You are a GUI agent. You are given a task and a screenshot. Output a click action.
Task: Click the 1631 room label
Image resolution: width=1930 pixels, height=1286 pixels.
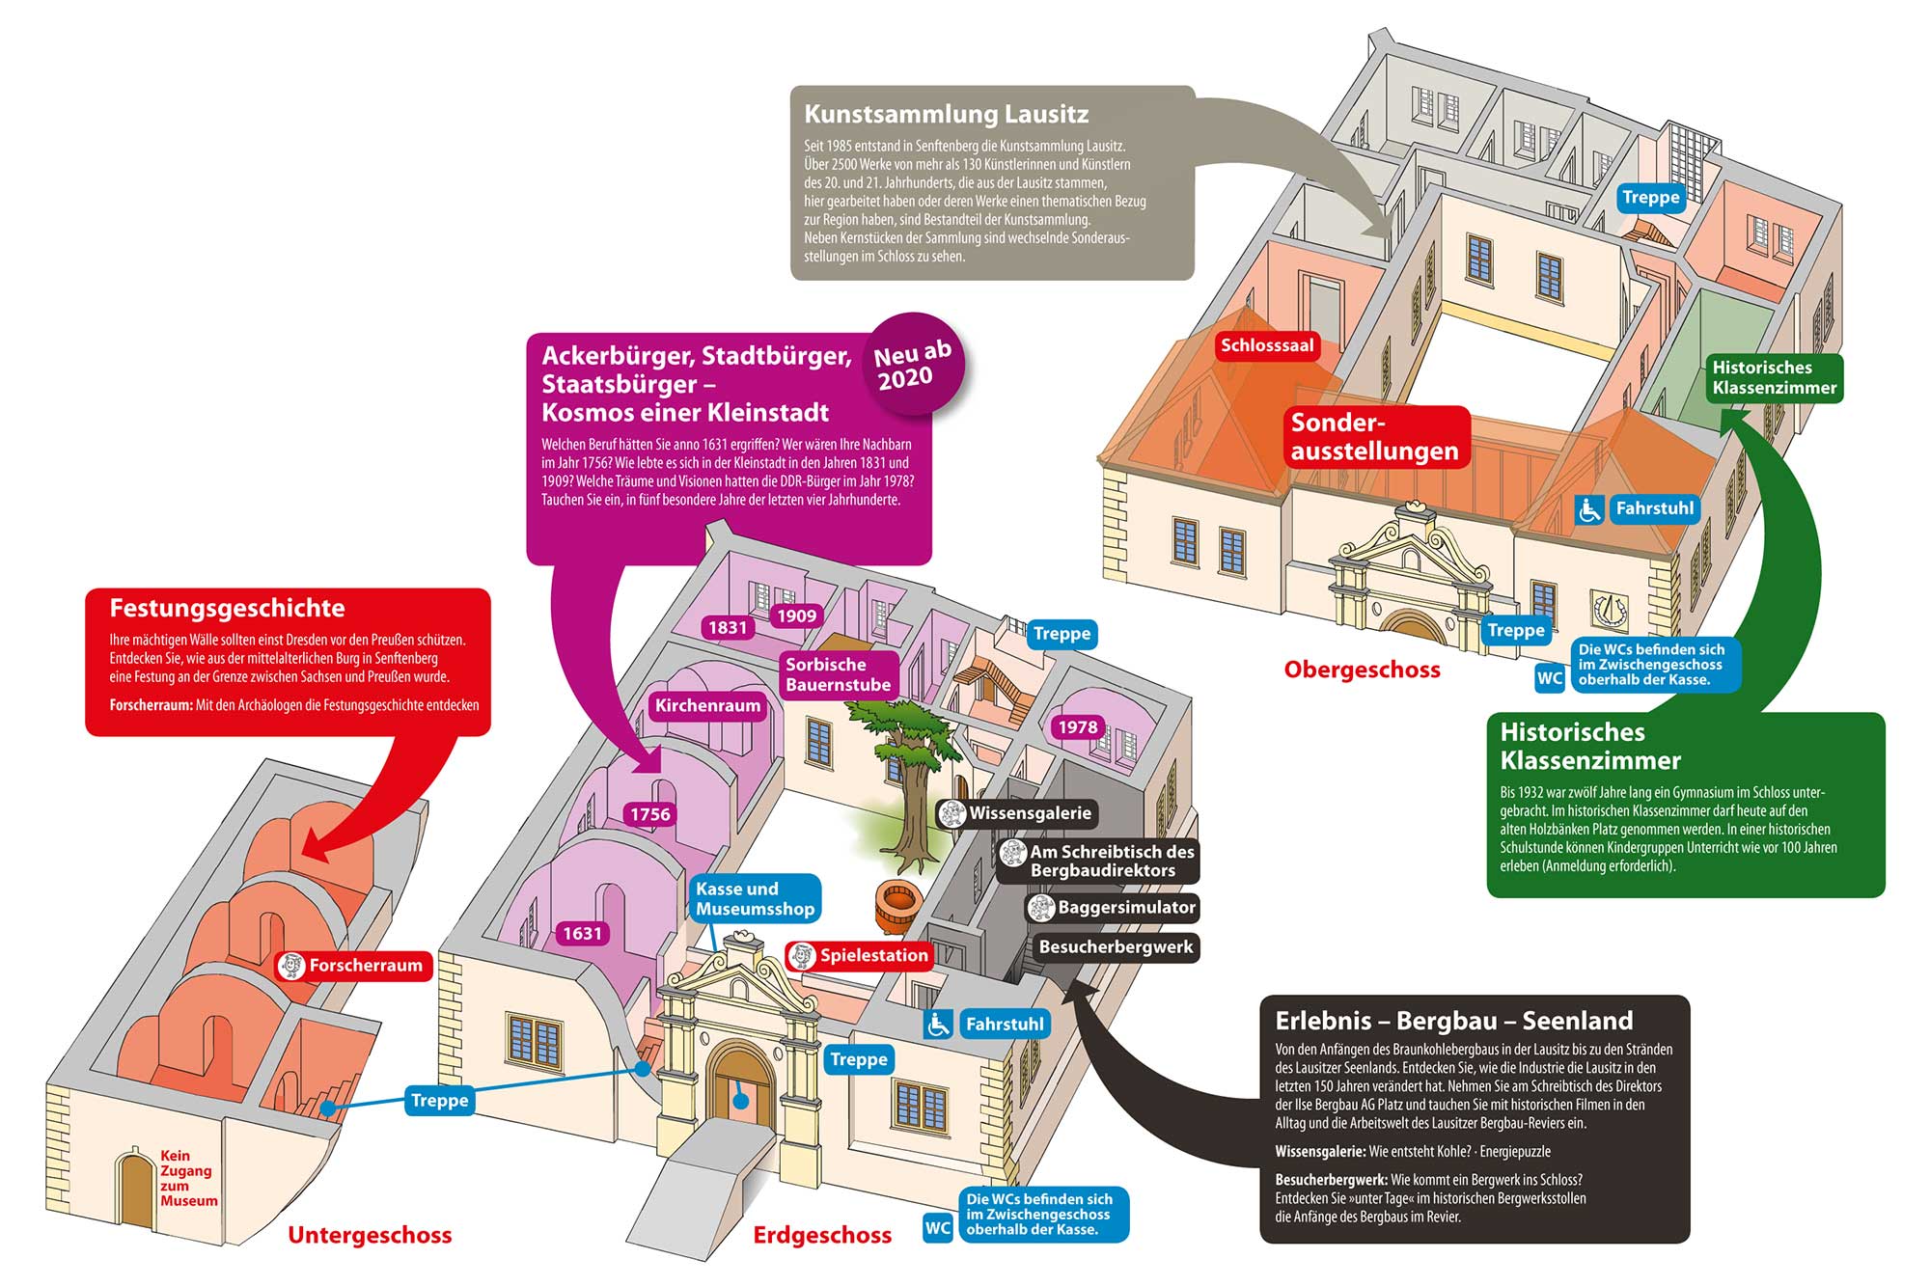pos(582,933)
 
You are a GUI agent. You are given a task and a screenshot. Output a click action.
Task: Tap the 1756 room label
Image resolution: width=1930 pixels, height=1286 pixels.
pos(649,814)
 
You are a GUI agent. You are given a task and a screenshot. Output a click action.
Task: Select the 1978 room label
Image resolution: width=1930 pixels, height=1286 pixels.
pos(1077,727)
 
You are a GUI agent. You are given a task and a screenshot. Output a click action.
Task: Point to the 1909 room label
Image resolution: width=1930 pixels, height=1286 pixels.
pos(796,616)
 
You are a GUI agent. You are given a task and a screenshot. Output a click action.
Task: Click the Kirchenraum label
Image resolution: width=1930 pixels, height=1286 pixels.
pos(707,705)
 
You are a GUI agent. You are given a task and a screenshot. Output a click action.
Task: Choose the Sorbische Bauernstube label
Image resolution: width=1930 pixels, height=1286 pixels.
pos(838,674)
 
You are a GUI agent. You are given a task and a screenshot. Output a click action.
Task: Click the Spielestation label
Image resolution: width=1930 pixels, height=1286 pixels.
pos(861,955)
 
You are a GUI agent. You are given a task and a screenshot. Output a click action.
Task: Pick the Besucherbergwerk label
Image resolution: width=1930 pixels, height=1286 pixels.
pos(1116,946)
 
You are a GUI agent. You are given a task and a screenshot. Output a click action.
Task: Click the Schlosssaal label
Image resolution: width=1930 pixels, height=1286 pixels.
pos(1266,345)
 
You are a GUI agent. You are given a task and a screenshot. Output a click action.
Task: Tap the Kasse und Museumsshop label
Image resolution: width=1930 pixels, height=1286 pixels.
pos(755,898)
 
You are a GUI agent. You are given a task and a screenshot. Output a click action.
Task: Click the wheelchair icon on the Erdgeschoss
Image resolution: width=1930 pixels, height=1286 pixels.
pos(937,1024)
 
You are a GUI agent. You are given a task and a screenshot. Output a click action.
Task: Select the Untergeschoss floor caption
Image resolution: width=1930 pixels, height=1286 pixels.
pos(370,1235)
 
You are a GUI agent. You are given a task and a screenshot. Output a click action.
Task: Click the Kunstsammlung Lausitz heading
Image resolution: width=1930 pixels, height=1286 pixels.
pos(946,114)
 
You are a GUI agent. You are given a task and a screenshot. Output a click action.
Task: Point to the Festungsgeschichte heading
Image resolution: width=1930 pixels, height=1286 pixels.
pos(227,608)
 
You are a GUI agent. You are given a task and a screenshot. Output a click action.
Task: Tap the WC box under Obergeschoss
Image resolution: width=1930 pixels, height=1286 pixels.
pos(1549,677)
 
